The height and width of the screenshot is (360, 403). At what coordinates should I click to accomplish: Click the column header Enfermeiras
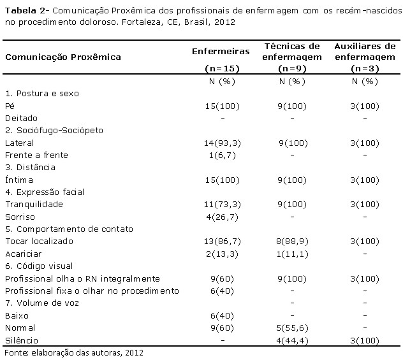coord(213,50)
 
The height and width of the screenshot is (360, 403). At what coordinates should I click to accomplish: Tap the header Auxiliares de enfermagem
coord(365,51)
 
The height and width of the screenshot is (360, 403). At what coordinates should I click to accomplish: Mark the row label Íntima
coord(18,180)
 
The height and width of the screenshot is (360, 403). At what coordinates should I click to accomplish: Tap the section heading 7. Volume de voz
coord(40,303)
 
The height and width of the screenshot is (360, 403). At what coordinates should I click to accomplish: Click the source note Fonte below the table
coord(16,352)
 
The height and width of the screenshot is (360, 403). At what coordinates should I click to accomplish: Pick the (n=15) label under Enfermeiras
coord(213,68)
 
